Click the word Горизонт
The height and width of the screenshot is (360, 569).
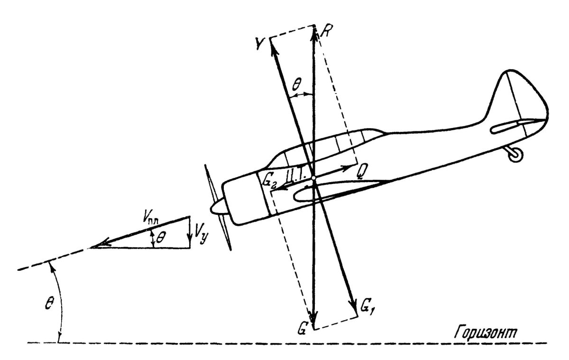[486, 332]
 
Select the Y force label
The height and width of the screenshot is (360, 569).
[261, 44]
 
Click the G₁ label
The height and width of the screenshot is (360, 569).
[366, 307]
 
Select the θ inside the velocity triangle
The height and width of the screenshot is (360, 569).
[161, 238]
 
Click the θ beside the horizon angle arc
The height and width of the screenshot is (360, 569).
[49, 302]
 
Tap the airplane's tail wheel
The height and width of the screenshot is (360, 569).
[516, 155]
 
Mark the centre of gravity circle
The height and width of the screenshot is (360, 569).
[314, 178]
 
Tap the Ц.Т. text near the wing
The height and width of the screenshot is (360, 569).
[296, 176]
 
